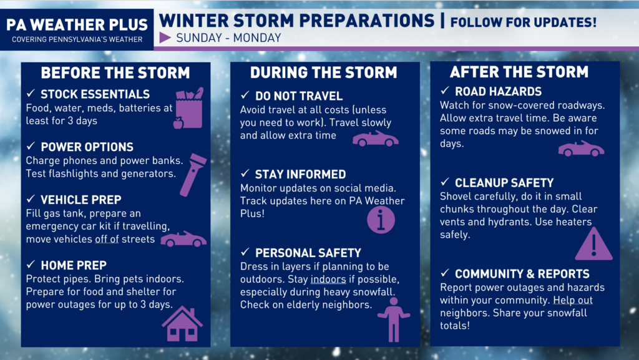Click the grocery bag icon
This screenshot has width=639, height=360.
188,109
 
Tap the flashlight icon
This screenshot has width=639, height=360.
193,175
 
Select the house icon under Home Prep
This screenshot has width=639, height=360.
182,324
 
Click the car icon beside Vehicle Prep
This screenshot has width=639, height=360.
183,239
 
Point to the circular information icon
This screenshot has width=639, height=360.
381,220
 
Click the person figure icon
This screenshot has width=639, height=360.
394,319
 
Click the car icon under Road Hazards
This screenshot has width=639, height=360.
581,148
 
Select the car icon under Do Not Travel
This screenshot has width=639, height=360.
375,139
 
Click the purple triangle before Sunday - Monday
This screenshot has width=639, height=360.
165,38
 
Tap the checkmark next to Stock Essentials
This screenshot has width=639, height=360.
31,93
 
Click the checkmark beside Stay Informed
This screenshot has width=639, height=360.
245,173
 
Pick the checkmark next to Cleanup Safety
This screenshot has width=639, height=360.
444,182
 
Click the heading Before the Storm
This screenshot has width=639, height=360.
115,73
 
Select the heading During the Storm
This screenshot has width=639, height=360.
324,72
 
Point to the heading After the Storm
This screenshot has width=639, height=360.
519,72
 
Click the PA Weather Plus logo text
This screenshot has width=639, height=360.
77,25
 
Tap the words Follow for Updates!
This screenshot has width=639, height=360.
524,22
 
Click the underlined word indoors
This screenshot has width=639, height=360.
328,280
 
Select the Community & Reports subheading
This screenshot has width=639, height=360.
522,274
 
